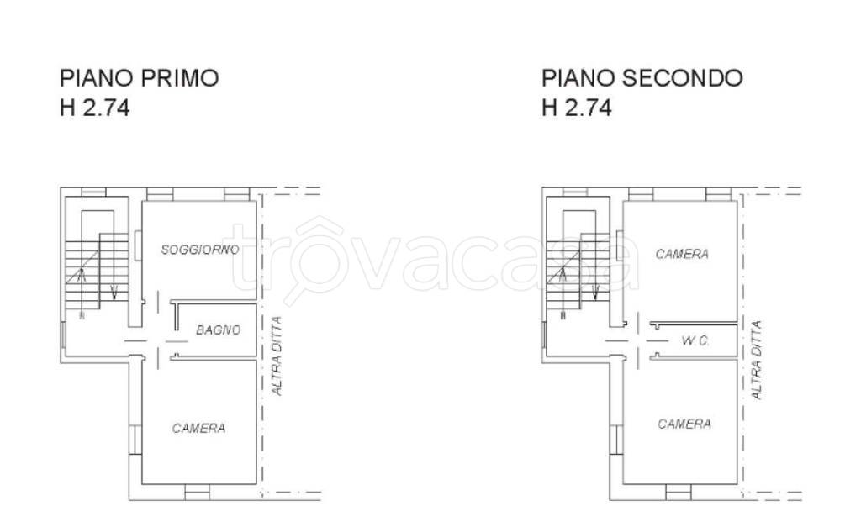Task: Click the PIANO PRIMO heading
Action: [139, 78]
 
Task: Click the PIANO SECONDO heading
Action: [642, 78]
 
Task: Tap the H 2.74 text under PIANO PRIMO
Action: [94, 108]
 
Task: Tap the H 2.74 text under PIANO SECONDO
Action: [577, 108]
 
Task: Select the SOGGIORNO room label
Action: [200, 250]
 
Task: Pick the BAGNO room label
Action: [218, 330]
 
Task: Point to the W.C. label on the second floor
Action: [696, 340]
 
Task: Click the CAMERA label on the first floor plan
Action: [198, 428]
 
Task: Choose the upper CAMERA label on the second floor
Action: [682, 254]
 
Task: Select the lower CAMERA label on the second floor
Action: [684, 424]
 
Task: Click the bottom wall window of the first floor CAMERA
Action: [197, 493]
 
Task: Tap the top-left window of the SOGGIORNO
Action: [159, 195]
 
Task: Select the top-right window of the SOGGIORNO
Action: [237, 195]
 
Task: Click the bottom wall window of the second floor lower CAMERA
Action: [678, 491]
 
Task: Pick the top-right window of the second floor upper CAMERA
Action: [718, 195]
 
